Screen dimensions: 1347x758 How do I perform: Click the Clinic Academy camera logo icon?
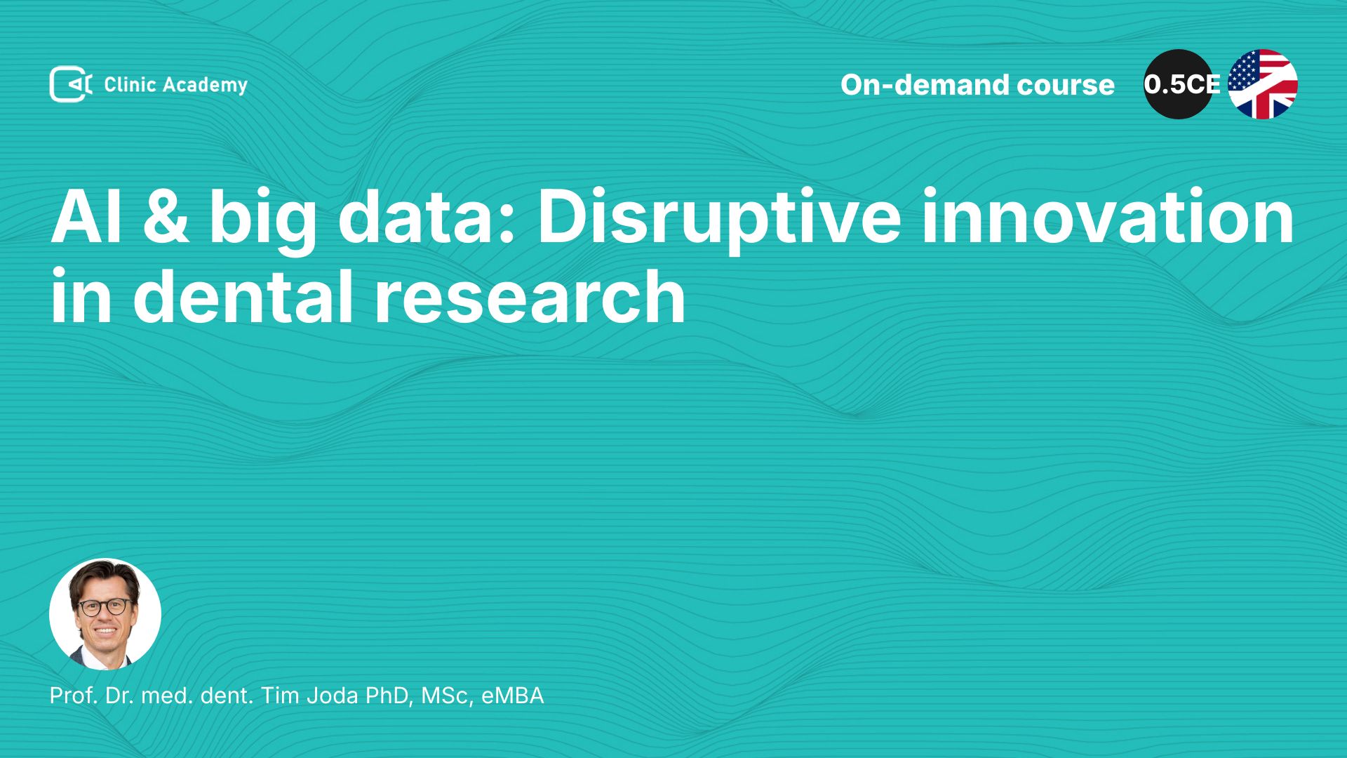[x=71, y=84]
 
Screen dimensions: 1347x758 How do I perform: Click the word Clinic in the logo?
[x=130, y=84]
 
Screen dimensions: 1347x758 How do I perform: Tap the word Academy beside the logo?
[x=206, y=86]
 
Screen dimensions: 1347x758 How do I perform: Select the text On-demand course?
[x=977, y=85]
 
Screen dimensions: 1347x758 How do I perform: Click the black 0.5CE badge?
[x=1179, y=84]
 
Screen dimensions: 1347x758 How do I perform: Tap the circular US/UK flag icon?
[x=1263, y=84]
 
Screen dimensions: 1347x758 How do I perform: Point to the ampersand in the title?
[x=166, y=217]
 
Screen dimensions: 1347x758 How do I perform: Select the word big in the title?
[x=263, y=221]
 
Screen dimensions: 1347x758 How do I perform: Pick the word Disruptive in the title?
[x=719, y=221]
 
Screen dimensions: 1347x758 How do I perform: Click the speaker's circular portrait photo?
[x=105, y=614]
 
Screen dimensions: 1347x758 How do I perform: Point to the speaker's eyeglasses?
[x=105, y=607]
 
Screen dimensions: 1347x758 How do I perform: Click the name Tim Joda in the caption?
[x=309, y=696]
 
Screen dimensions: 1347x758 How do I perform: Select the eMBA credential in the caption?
[x=513, y=696]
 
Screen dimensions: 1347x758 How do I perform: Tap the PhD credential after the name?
[x=389, y=696]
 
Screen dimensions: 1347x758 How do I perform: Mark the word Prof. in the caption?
[x=74, y=696]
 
